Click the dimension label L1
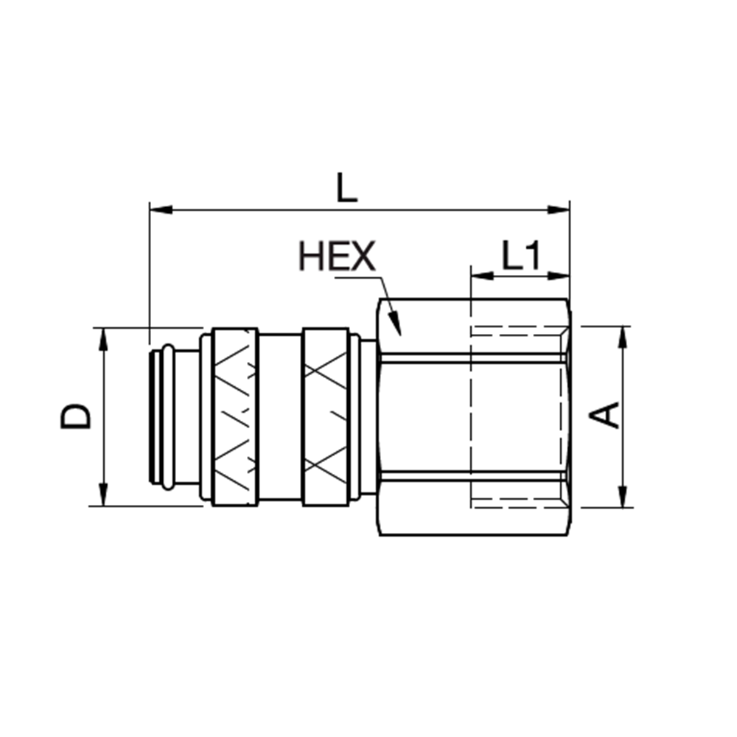point(521,256)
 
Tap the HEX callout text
point(336,256)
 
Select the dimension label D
point(76,416)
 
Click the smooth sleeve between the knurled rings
point(279,416)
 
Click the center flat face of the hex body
point(424,416)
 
